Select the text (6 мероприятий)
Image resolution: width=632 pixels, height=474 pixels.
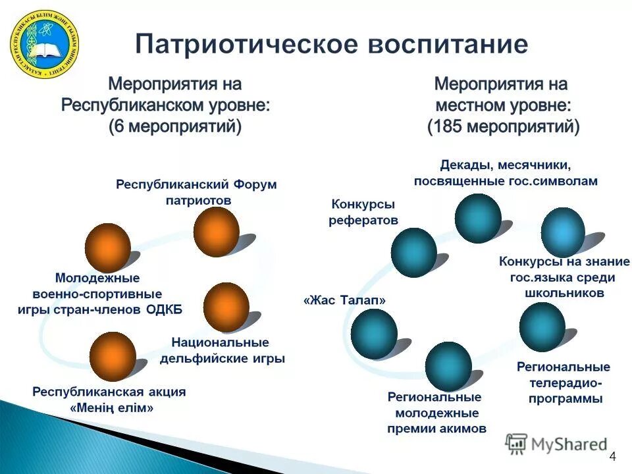click(176, 127)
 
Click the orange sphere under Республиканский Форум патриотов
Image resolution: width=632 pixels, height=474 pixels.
click(216, 232)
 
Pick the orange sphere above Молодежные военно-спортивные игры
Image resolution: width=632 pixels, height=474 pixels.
click(108, 247)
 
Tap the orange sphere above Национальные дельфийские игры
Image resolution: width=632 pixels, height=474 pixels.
click(226, 307)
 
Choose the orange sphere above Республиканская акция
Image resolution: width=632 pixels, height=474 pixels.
click(113, 356)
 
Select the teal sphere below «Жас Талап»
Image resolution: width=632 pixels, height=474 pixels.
click(374, 333)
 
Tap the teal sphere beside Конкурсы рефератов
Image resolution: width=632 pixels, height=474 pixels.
click(413, 251)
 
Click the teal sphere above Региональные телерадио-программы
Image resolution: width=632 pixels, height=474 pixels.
click(542, 327)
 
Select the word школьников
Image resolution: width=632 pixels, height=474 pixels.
click(564, 293)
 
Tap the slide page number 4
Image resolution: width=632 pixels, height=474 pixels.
click(613, 458)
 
